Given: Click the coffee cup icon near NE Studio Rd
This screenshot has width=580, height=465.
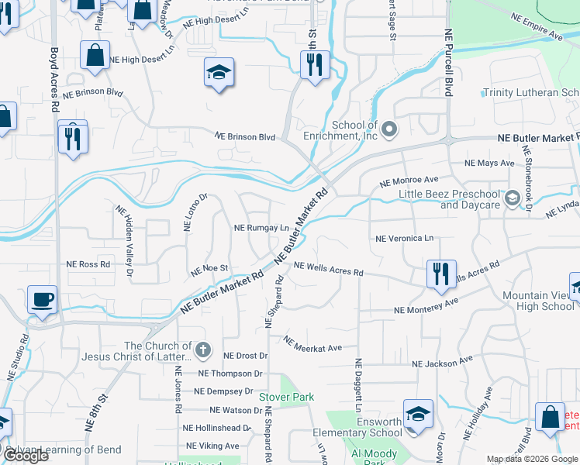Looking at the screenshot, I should pos(43,298).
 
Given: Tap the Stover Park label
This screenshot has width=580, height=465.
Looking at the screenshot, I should pos(286,397).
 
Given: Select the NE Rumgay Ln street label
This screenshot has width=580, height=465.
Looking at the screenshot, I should pos(261,229).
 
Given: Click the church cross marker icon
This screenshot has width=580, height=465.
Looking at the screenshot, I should pos(203,350).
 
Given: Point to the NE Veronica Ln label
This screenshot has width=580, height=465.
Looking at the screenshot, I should pos(404,239).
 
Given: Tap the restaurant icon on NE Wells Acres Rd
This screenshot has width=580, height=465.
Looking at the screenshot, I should pos(440,274).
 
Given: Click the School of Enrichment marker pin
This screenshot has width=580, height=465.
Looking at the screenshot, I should pos(389,128).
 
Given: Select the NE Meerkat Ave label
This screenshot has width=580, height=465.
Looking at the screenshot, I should pos(312,344).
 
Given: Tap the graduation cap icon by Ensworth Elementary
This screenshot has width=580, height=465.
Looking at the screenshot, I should pos(417,413).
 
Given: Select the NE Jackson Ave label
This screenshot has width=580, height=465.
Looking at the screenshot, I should pos(442,362).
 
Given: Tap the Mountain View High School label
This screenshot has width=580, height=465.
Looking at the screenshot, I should pos(538,301).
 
